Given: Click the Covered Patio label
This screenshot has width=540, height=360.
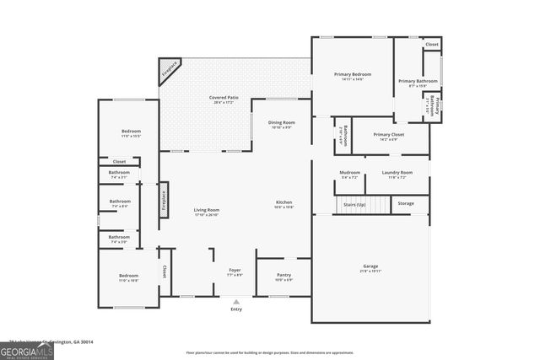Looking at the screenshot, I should click(222, 99).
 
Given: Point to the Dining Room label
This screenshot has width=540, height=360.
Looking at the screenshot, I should click(281, 124).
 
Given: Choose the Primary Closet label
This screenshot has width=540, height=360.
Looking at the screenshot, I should click(389, 135).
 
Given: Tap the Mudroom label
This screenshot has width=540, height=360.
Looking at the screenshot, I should click(349, 174).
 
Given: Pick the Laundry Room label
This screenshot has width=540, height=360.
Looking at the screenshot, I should click(397, 174).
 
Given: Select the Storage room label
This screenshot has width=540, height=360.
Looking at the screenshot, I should click(406, 204).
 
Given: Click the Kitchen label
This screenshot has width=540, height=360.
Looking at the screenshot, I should click(283, 203).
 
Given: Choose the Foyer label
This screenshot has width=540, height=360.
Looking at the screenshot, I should click(235, 271).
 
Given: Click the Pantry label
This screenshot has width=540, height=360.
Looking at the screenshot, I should click(284, 276).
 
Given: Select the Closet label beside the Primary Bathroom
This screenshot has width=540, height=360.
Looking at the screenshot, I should click(431, 44).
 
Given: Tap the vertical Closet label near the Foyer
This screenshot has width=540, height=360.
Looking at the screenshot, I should click(164, 271).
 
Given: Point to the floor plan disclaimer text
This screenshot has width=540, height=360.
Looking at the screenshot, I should click(269, 352).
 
